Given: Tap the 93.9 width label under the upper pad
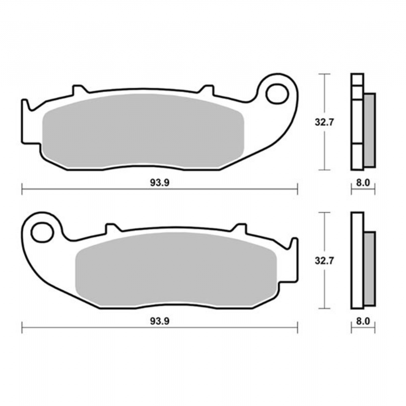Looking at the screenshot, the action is click(160, 183).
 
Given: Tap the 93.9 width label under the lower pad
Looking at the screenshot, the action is click(160, 321).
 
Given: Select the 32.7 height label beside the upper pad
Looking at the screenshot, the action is click(324, 122).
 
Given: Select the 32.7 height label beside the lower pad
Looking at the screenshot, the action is click(324, 261).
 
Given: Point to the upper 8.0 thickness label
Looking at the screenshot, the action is click(363, 183).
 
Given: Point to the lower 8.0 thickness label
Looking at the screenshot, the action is click(363, 321).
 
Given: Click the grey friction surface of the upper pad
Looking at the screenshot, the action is click(143, 131).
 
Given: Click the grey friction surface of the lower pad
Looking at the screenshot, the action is click(176, 269).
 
